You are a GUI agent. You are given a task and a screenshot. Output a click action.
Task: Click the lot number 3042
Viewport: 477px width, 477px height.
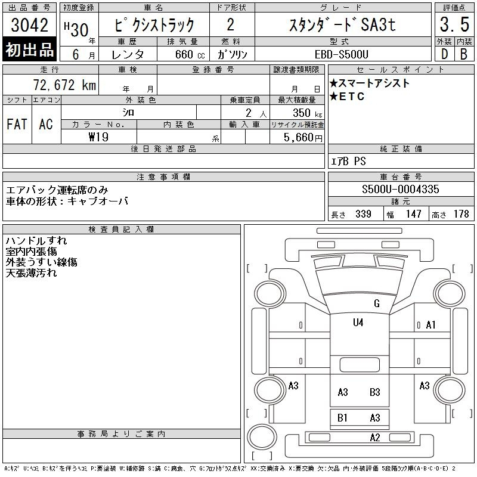pos(29,25)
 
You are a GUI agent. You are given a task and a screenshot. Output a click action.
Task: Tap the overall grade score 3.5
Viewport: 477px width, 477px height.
pos(454,24)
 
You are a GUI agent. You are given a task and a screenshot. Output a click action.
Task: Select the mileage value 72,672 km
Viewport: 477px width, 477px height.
pos(64,85)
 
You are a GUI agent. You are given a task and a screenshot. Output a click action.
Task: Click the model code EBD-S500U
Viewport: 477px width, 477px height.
pos(341,54)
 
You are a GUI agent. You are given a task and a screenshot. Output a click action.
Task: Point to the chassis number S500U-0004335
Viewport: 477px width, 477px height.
pos(400,189)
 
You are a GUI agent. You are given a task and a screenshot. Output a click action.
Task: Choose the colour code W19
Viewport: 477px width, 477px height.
pos(98,137)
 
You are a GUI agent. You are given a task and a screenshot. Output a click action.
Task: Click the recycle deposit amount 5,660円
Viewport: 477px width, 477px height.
pos(303,138)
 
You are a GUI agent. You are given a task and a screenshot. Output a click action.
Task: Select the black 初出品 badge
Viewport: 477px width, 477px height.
pos(29,49)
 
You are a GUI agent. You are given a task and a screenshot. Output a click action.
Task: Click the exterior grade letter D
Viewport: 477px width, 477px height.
pos(444,54)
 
